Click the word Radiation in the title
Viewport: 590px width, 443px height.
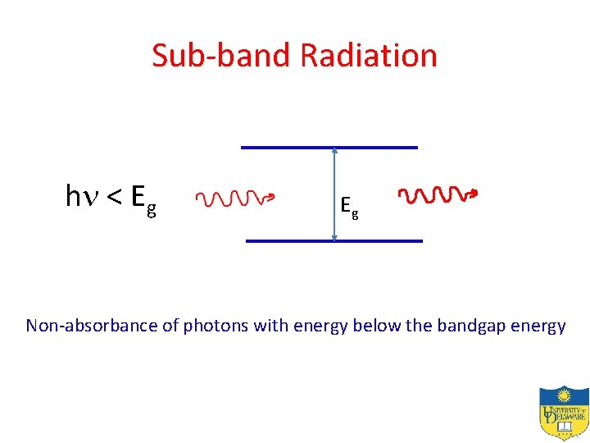(x=369, y=56)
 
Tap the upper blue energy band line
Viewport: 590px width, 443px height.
(x=328, y=147)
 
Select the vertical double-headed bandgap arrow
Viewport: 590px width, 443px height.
(x=334, y=194)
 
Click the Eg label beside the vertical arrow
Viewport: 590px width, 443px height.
(x=349, y=206)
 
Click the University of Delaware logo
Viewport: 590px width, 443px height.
(x=563, y=413)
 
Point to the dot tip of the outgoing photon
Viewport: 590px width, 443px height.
(x=474, y=195)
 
